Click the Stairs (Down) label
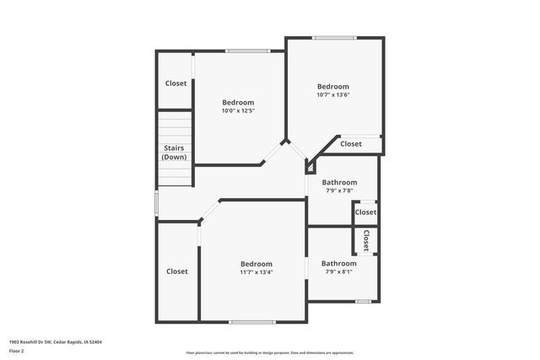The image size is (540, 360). coord(175,153)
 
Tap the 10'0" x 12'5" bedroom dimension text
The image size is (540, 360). coord(238,110)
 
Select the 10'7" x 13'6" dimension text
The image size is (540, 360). coord(332,94)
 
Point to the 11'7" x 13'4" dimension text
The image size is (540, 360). coord(256,271)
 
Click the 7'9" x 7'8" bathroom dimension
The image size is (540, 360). coord(339,191)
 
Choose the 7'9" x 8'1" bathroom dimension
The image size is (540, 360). coord(338,271)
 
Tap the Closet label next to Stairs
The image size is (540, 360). coord(175,83)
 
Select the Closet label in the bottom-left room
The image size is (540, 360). coord(177,271)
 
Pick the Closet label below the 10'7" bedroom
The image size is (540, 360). coord(351,144)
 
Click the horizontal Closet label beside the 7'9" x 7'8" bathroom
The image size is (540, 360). coord(365,212)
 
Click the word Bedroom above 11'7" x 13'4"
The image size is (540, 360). coord(256,263)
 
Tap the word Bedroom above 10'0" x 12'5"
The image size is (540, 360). coord(238,102)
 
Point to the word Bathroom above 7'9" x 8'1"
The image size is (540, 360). coord(338,263)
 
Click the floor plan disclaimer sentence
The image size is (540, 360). coord(269,352)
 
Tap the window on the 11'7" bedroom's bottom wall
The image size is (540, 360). coord(252,321)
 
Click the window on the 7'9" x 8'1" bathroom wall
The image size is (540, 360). coord(363,301)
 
